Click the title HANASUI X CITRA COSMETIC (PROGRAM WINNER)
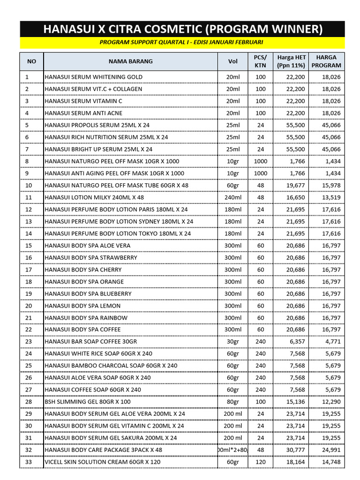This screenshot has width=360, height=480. click(183, 30)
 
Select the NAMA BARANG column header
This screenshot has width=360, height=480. click(130, 61)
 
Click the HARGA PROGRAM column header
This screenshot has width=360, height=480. click(326, 61)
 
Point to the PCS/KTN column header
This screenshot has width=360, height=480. click(260, 61)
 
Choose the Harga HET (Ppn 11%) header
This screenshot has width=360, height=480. click(291, 61)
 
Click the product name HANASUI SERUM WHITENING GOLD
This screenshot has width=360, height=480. click(93, 77)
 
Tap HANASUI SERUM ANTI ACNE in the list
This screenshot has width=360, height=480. click(83, 113)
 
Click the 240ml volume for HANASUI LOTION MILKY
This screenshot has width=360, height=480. click(233, 198)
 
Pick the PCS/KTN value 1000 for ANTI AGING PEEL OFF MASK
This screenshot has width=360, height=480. click(260, 173)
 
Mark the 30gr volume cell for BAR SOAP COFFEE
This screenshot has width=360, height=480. click(233, 342)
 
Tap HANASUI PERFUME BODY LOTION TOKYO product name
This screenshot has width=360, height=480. click(118, 233)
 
